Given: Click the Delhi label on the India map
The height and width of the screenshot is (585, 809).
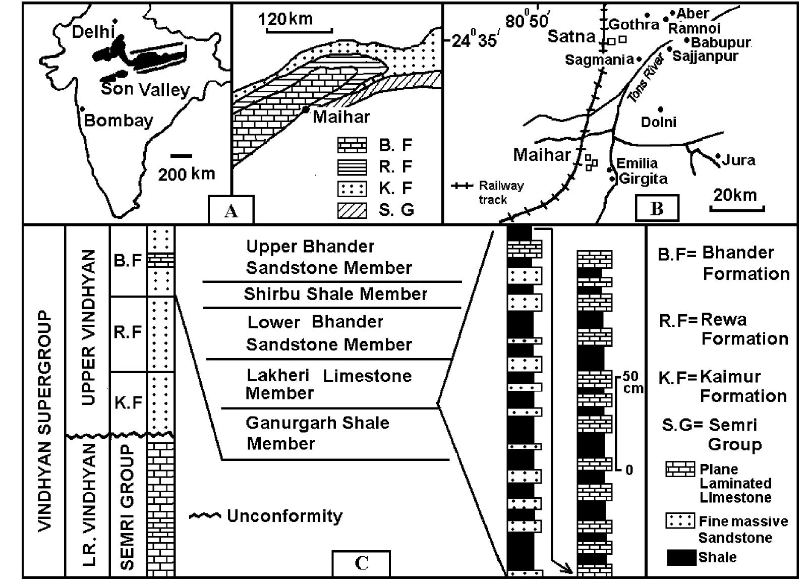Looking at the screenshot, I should (94, 32).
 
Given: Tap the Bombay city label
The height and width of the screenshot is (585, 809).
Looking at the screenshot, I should (119, 121).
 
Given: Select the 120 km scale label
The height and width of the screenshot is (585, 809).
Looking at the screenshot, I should (285, 19).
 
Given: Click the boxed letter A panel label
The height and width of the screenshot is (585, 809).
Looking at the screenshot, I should (231, 211).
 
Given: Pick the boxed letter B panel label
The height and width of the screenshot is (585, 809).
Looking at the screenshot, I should (657, 208).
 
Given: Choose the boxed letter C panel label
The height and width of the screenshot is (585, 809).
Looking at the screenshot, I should (361, 563).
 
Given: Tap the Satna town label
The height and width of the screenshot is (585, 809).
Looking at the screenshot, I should (571, 36).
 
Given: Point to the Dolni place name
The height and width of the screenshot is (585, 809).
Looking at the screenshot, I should (658, 122).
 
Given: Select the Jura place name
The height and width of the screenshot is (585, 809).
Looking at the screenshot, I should (738, 161).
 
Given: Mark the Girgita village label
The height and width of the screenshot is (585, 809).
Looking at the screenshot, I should (643, 179).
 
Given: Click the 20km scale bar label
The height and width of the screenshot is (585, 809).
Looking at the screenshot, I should (735, 195).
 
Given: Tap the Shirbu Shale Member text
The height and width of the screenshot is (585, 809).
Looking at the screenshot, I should (335, 294).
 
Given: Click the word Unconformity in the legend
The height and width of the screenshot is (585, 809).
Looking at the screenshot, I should (284, 516).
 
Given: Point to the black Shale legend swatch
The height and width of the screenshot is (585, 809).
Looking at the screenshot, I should (680, 558).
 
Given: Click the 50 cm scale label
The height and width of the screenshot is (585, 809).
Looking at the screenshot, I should (631, 382).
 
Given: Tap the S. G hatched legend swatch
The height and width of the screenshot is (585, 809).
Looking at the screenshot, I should (352, 210).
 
